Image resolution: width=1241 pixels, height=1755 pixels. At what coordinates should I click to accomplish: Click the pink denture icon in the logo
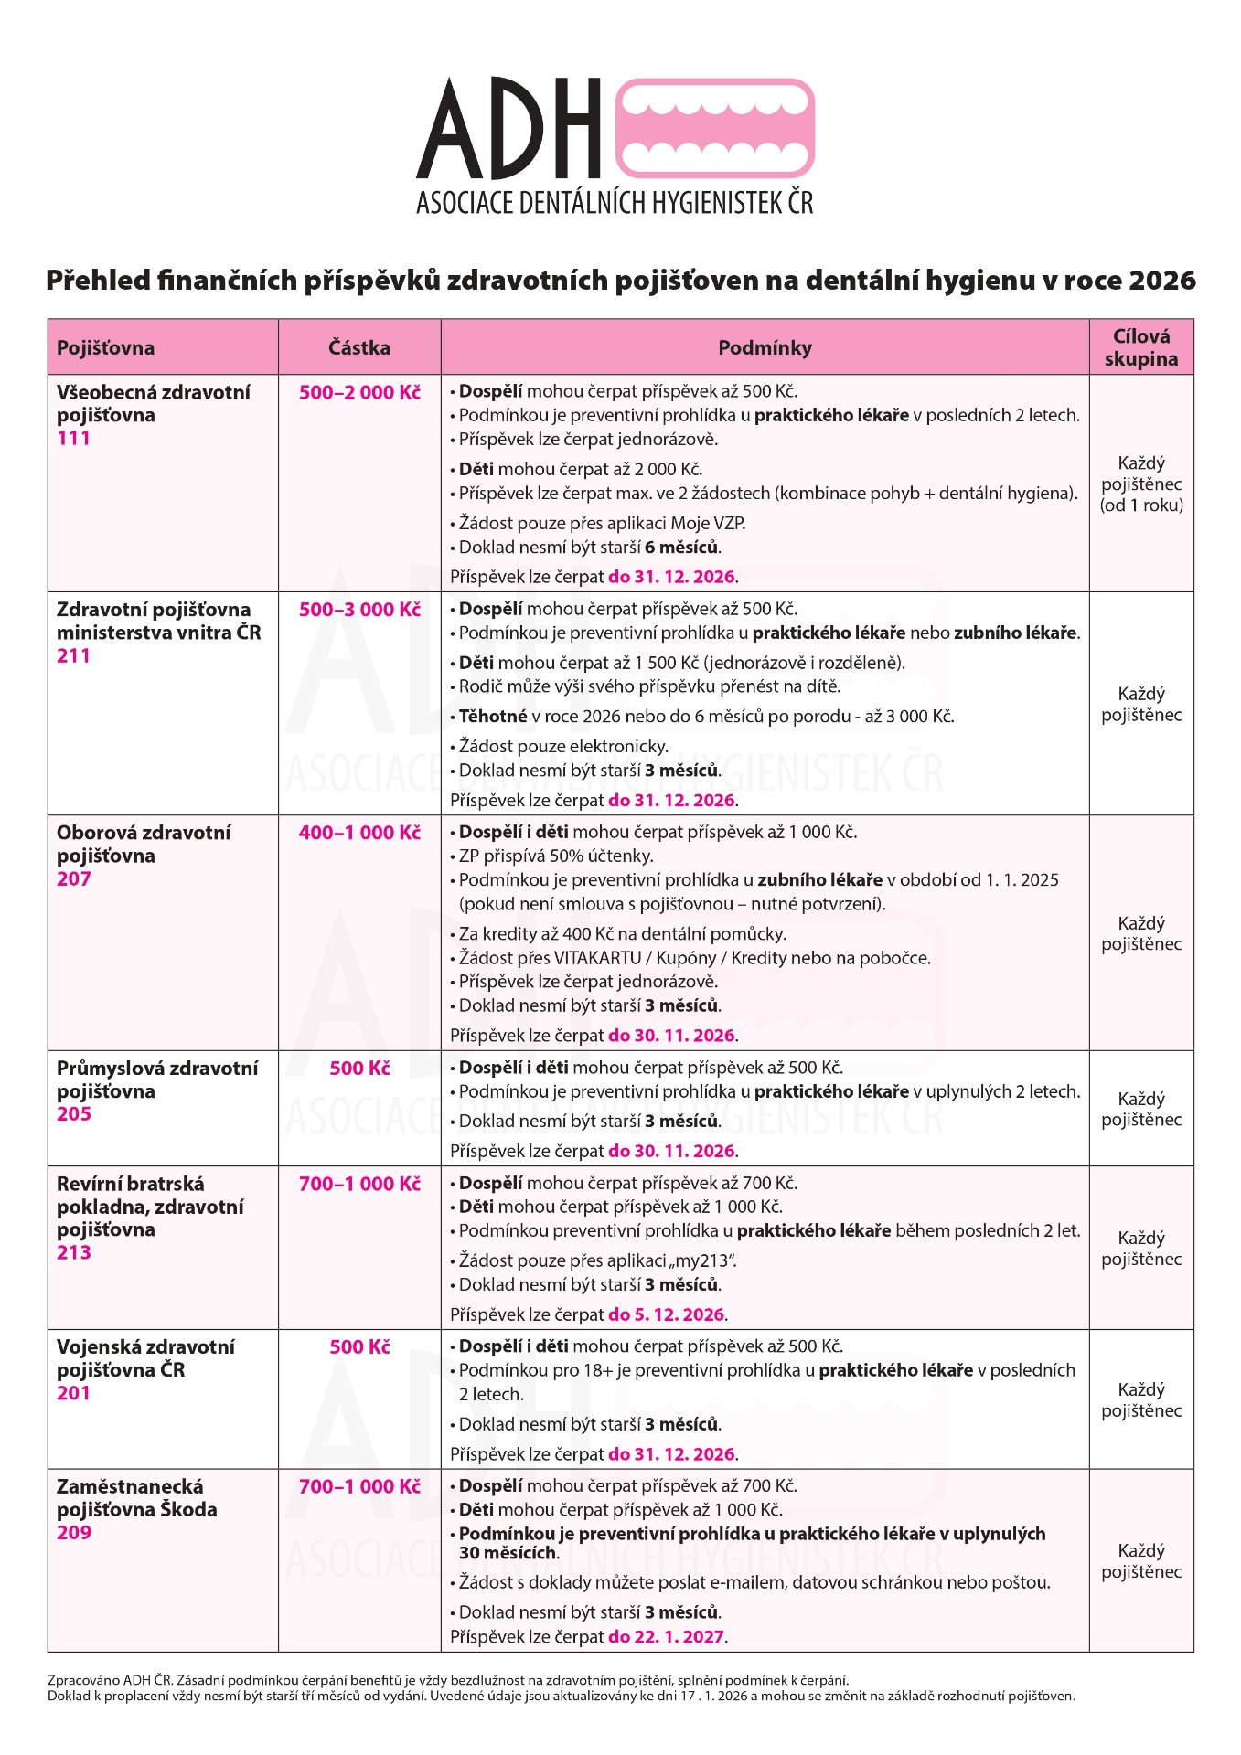[715, 128]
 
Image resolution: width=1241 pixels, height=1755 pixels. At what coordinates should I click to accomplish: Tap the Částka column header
[359, 347]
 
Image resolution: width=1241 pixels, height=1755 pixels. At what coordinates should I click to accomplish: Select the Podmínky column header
[765, 347]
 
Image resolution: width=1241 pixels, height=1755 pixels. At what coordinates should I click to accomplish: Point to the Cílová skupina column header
[1140, 347]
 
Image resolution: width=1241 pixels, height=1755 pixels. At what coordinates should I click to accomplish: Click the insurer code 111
[74, 438]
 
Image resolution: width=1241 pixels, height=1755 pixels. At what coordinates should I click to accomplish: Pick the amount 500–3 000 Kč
[359, 610]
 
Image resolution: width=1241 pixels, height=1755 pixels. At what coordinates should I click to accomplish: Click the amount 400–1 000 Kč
[359, 833]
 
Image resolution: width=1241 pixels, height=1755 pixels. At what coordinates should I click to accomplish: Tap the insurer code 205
[74, 1114]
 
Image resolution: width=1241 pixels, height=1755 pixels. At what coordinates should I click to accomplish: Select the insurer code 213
[74, 1252]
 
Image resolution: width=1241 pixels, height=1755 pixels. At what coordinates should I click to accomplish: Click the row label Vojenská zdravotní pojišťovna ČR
[145, 1358]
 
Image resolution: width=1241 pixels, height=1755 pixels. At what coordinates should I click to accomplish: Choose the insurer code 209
[74, 1533]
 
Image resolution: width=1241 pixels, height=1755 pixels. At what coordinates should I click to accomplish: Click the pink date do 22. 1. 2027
[667, 1637]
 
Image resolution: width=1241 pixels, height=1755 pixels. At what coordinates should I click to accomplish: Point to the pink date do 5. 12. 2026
[667, 1314]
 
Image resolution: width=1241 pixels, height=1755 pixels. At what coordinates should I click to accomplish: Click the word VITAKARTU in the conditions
[597, 958]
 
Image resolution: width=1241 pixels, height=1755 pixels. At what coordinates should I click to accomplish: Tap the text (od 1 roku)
[1141, 505]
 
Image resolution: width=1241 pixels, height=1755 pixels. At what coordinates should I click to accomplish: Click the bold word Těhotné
[493, 717]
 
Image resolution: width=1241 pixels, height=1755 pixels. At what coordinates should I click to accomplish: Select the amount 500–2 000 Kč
[359, 393]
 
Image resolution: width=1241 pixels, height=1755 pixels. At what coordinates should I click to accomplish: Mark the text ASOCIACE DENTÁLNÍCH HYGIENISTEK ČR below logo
[615, 203]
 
